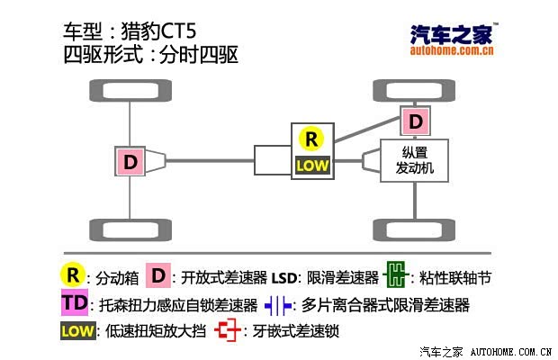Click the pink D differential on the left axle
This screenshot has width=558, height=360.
pos(130,161)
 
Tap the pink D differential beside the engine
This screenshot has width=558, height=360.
pos(415,121)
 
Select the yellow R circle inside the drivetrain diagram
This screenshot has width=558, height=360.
pos(311,139)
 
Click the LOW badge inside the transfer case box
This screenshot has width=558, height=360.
pos(312,165)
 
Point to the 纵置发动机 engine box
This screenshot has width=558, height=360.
pos(414,160)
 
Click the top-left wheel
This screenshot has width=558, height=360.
pos(130,91)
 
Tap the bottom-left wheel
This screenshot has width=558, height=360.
pos(130,230)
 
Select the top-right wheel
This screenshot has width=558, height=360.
pos(414,91)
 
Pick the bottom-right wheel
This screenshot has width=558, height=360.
pos(414,230)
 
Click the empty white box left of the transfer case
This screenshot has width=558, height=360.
pos(273,160)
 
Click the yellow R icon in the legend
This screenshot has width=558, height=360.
pos(73,275)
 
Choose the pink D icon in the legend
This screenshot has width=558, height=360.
pos(158,275)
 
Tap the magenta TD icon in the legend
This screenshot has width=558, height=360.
pos(75,302)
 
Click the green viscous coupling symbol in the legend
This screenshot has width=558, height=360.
pos(396,274)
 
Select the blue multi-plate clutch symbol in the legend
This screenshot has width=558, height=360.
pos(278,306)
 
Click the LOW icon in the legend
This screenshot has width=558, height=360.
pos(78,331)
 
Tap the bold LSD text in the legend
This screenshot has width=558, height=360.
pos(284,278)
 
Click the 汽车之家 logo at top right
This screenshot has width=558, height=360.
pos(452,40)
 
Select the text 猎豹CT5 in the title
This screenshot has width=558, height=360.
pos(158,31)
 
